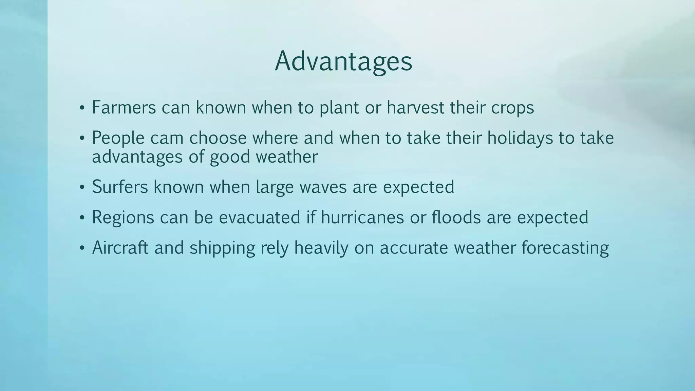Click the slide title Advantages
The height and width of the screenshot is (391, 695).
343,61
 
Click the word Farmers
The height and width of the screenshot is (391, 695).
124,108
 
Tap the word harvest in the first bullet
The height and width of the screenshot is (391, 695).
415,108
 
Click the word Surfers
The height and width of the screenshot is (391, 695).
120,187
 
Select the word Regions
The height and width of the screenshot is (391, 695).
123,218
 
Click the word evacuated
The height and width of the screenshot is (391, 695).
260,217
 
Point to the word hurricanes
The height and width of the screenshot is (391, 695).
362,217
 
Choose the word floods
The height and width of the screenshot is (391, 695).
456,217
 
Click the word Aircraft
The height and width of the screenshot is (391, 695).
120,247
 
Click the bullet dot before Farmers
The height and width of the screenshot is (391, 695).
81,109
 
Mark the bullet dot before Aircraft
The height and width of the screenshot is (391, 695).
81,248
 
